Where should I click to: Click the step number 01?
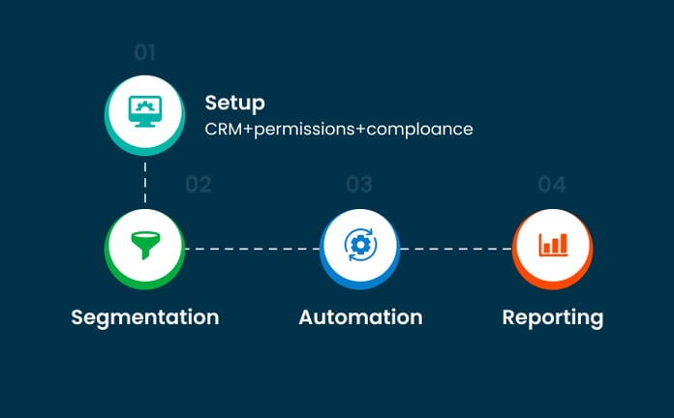(144, 52)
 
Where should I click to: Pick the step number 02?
(198, 184)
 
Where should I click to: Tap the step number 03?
(359, 184)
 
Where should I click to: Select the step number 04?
(551, 184)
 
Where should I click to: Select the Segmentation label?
(144, 317)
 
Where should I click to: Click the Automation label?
(360, 317)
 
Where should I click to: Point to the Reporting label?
(552, 317)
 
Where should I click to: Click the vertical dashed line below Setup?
(144, 182)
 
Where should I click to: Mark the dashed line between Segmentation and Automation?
(252, 249)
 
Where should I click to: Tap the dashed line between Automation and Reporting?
(456, 249)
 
